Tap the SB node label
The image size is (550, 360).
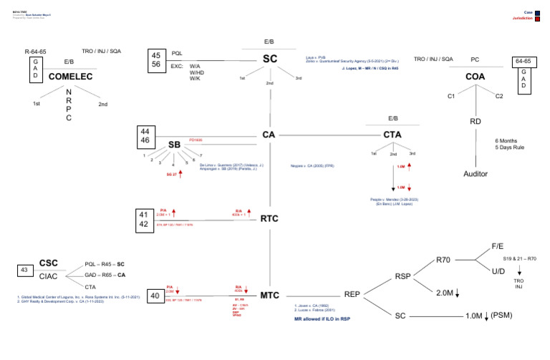click(174, 145)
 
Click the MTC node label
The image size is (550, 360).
click(269, 295)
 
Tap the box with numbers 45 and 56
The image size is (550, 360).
click(155, 59)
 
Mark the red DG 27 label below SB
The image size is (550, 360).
click(171, 174)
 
